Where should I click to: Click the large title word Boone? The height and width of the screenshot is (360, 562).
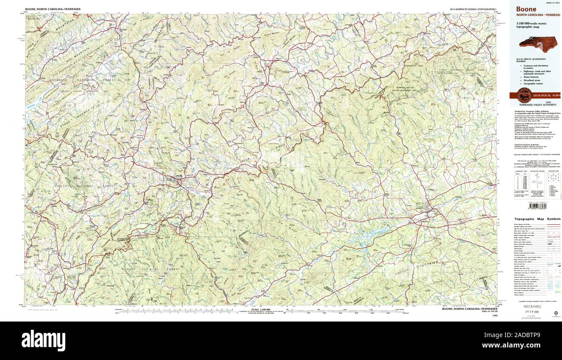pos(526,9)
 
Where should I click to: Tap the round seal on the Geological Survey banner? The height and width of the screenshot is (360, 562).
pos(523,95)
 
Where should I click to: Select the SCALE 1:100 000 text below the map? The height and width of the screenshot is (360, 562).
pos(259,309)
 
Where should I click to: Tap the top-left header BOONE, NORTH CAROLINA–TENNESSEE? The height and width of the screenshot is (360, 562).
pos(53,9)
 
